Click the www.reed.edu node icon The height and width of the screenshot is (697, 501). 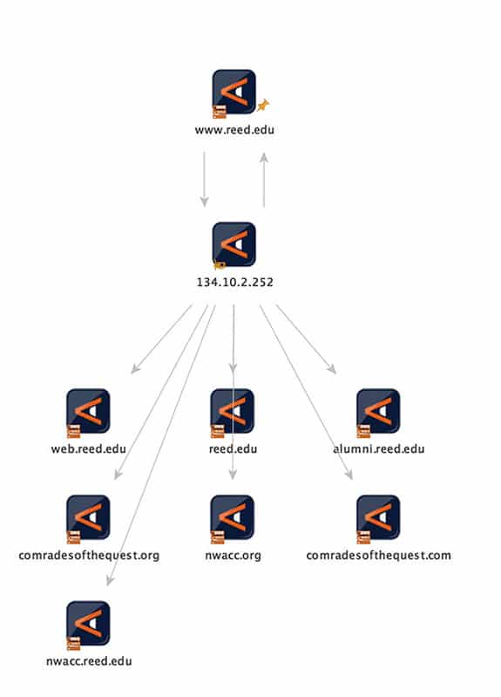tap(234, 92)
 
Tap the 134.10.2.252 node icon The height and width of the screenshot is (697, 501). tap(234, 244)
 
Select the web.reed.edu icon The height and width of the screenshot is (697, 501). tap(88, 412)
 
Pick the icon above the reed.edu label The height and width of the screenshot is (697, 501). tap(233, 412)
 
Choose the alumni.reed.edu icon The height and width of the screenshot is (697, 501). tap(378, 412)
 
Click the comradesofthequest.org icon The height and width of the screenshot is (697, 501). tap(88, 518)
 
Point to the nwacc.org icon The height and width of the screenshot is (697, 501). tap(233, 518)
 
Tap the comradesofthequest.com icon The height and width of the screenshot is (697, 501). tap(378, 518)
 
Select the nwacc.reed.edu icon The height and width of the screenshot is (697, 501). tap(88, 624)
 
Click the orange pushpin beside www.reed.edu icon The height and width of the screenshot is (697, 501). tap(263, 106)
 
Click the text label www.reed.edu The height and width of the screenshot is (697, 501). tap(234, 130)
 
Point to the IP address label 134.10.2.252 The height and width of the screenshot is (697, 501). tap(235, 283)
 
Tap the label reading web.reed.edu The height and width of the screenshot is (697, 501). tap(89, 448)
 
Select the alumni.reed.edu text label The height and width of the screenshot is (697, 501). tap(379, 448)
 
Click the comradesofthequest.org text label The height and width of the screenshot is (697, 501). tap(89, 555)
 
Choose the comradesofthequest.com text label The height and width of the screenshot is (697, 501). tap(378, 555)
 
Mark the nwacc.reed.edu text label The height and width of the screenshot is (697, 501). tap(89, 661)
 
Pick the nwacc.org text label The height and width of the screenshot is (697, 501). tap(233, 556)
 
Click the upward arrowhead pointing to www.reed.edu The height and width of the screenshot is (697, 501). tap(264, 157)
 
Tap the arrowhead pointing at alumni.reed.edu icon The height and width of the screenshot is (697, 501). tap(332, 369)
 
